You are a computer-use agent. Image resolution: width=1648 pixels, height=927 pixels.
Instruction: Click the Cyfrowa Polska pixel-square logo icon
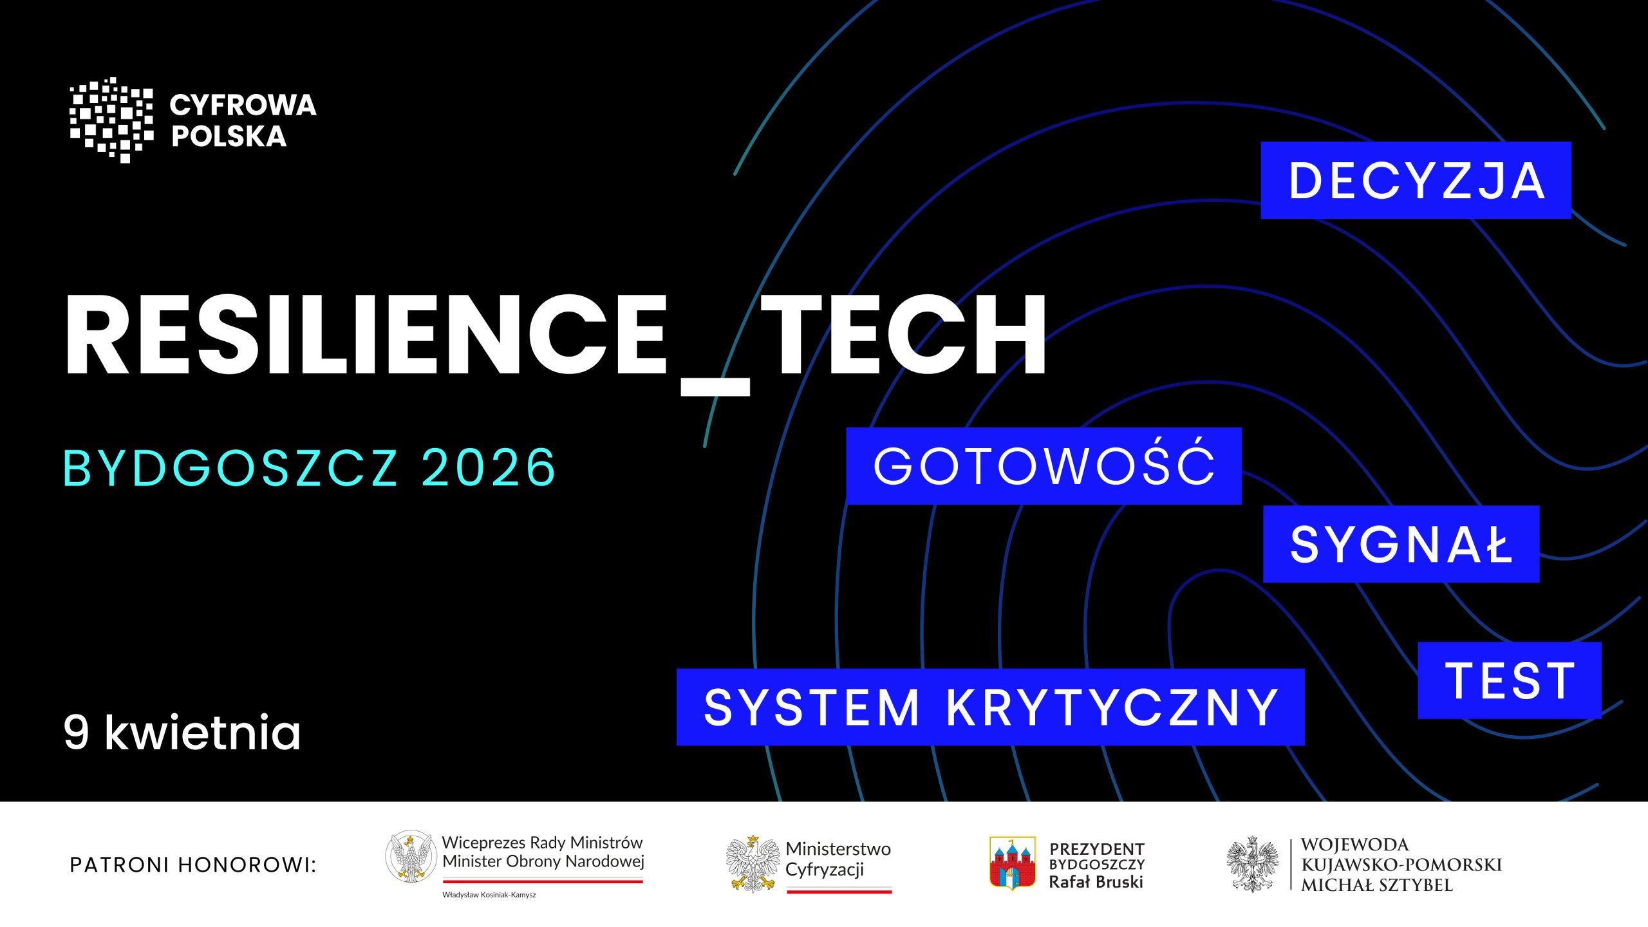tap(111, 120)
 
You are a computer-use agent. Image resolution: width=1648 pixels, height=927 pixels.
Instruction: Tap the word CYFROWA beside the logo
tap(243, 106)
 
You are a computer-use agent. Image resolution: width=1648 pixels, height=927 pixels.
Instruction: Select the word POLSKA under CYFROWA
tap(229, 136)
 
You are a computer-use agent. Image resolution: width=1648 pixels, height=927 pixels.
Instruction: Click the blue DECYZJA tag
tap(1416, 180)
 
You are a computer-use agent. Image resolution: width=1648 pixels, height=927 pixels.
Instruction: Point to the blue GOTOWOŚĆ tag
tap(1044, 465)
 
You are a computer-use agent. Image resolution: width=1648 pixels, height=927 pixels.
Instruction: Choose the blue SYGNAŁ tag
tap(1401, 544)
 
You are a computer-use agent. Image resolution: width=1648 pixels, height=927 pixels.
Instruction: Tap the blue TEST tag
tap(1510, 680)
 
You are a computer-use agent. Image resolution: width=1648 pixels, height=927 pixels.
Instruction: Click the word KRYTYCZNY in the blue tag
tap(1112, 707)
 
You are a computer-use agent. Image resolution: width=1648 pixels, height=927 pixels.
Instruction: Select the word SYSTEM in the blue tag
tap(812, 707)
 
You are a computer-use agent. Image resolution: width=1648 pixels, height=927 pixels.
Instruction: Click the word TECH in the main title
tap(904, 334)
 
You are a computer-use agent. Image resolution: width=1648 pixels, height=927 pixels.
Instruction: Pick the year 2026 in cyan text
tap(488, 467)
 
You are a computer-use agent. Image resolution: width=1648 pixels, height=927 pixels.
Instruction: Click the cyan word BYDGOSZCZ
tap(230, 467)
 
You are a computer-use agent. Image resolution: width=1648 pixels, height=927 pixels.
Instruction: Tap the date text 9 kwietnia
tap(182, 732)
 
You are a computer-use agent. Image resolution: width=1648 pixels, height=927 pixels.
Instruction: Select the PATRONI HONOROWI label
tap(193, 865)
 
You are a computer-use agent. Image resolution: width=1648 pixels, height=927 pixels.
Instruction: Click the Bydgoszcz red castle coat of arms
tap(1012, 863)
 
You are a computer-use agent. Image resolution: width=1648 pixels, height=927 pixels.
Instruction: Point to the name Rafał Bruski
tap(1096, 882)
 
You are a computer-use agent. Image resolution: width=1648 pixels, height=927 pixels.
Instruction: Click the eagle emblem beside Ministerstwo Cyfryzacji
tap(753, 864)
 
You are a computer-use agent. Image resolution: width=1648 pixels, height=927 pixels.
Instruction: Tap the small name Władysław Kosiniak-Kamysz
tap(489, 895)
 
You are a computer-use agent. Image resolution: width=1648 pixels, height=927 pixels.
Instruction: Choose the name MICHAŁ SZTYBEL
tap(1377, 885)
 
